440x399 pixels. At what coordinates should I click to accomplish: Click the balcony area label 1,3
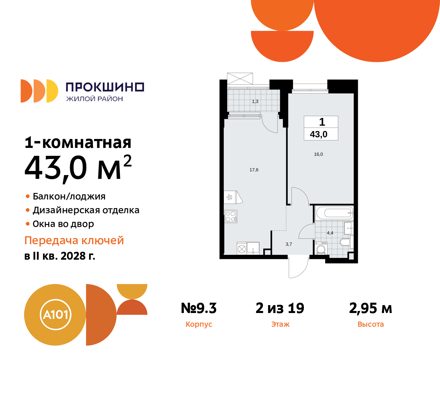[255, 101]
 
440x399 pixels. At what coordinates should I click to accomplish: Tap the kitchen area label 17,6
[254, 170]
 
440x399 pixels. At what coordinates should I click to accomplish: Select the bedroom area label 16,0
[318, 154]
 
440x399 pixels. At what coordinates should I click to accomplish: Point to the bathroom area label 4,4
[330, 233]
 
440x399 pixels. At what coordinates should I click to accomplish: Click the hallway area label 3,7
[289, 244]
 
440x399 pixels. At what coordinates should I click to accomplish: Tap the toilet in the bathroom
[345, 242]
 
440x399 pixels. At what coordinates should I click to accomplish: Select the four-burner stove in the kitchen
[230, 216]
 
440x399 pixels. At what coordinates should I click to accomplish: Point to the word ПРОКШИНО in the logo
[105, 87]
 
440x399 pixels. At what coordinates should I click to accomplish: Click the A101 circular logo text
[55, 315]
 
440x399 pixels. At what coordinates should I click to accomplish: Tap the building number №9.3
[199, 308]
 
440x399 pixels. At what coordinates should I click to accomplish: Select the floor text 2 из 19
[280, 308]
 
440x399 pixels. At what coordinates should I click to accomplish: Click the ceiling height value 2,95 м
[371, 308]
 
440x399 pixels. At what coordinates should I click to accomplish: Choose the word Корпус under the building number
[199, 324]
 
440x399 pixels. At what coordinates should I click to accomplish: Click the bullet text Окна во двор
[63, 224]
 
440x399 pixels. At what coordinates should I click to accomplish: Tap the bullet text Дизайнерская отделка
[86, 210]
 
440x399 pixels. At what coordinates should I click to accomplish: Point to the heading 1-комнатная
[78, 143]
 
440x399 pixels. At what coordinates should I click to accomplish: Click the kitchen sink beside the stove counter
[253, 248]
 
